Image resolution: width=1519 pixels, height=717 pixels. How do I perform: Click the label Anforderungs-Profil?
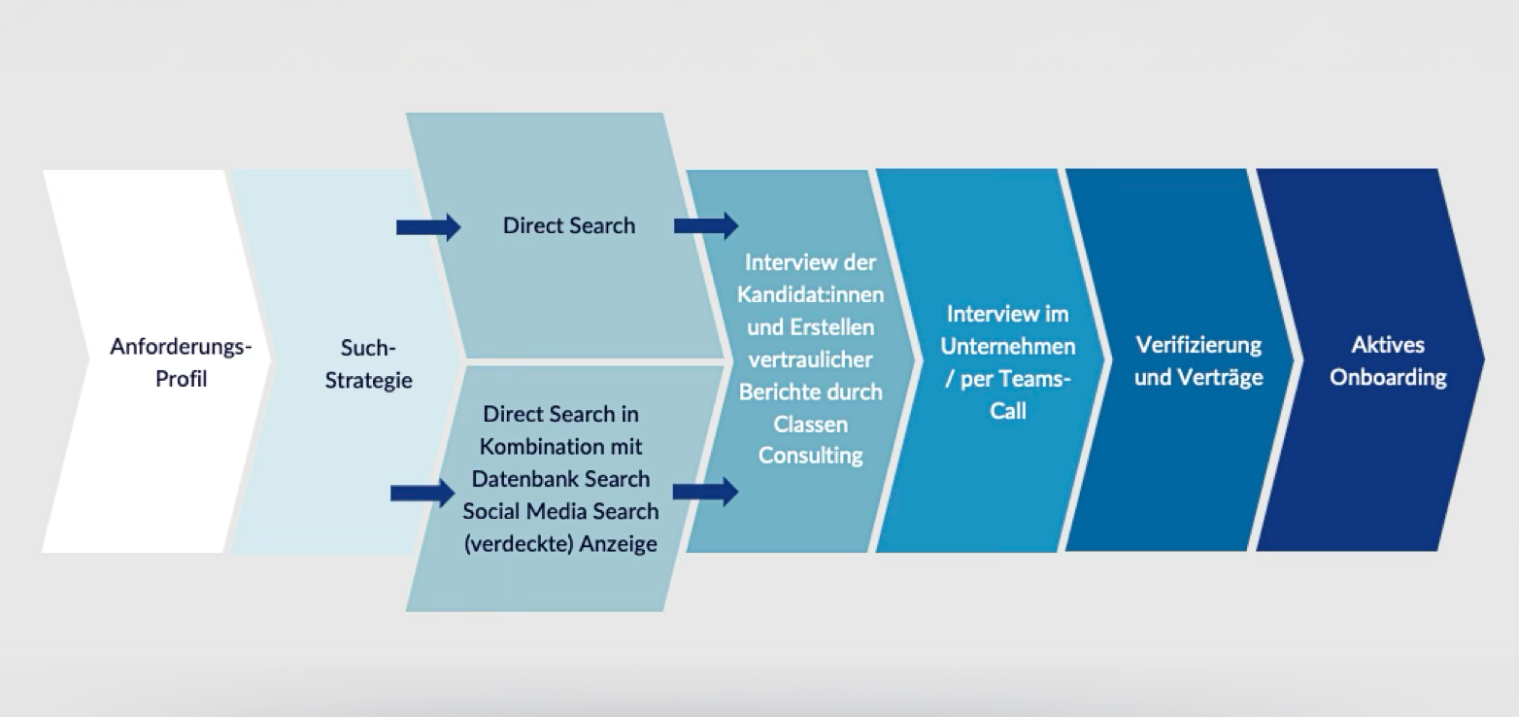[181, 361]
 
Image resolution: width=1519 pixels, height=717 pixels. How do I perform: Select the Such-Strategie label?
[369, 363]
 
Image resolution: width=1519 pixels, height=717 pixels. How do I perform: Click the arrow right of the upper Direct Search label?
[705, 226]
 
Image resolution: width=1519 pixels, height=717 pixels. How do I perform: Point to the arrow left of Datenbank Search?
[422, 494]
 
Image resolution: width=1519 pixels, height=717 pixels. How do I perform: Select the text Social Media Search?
[560, 511]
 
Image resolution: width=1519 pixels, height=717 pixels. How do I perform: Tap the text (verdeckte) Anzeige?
[560, 543]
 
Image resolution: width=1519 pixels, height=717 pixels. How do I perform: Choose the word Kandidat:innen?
[810, 294]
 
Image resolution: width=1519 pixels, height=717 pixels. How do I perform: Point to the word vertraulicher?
[810, 359]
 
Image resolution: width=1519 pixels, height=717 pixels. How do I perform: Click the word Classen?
[810, 424]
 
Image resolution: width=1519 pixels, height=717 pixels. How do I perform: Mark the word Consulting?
[810, 455]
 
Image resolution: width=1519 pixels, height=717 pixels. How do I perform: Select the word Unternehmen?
[1008, 346]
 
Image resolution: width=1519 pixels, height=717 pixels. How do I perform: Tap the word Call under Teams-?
[1007, 411]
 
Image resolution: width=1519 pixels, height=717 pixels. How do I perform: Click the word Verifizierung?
[1198, 345]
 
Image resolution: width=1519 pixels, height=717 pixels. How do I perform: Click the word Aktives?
[1388, 345]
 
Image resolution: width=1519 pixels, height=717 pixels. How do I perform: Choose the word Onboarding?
[1388, 377]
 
